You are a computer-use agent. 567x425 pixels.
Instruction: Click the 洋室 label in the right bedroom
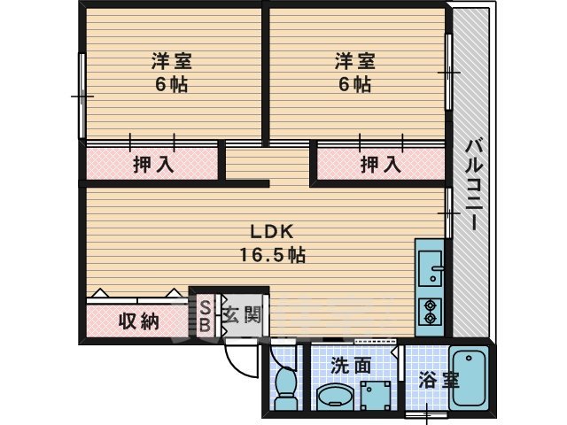coord(355,62)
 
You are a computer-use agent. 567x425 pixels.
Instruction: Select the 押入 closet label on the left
coord(152,164)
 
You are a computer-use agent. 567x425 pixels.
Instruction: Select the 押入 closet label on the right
coord(381,164)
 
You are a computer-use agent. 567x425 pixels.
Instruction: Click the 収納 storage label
coord(138,321)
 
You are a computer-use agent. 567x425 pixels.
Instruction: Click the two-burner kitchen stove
coord(431,313)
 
